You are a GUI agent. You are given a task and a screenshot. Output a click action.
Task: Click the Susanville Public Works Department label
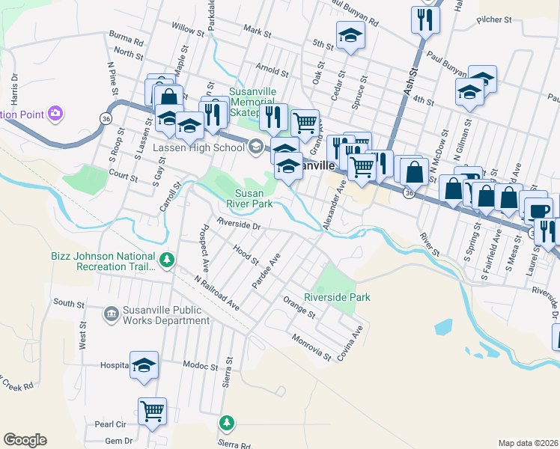click(166, 315)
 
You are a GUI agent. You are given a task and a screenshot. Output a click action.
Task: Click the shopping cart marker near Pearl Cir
click(152, 411)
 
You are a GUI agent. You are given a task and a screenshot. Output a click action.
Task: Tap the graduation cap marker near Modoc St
click(144, 364)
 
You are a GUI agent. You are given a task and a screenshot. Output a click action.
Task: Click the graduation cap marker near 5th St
click(350, 35)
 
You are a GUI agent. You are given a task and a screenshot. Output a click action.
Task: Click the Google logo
click(25, 440)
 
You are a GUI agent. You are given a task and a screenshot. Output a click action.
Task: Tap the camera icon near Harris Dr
click(55, 114)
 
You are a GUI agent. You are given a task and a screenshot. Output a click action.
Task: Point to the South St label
click(69, 303)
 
